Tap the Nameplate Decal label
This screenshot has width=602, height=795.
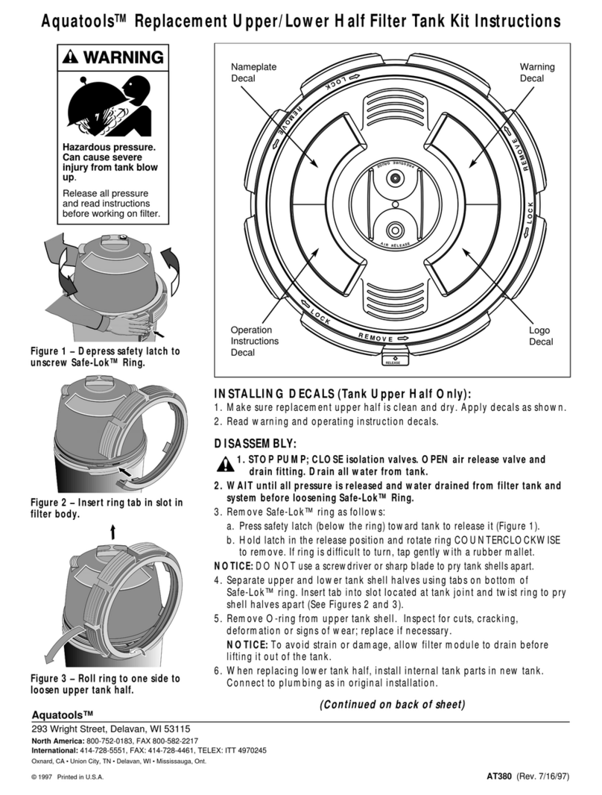point(254,72)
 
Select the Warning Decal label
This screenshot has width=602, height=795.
point(536,72)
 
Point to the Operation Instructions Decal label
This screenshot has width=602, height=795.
point(254,341)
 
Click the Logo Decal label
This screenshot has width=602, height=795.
point(540,336)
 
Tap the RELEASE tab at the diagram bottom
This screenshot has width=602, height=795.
point(392,360)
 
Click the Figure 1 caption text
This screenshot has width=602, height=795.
point(105,357)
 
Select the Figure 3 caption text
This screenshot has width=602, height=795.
point(105,684)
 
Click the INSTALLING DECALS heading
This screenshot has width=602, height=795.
point(343,394)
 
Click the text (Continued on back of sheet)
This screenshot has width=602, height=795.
point(392,704)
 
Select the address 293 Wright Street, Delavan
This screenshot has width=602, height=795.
point(110,728)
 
